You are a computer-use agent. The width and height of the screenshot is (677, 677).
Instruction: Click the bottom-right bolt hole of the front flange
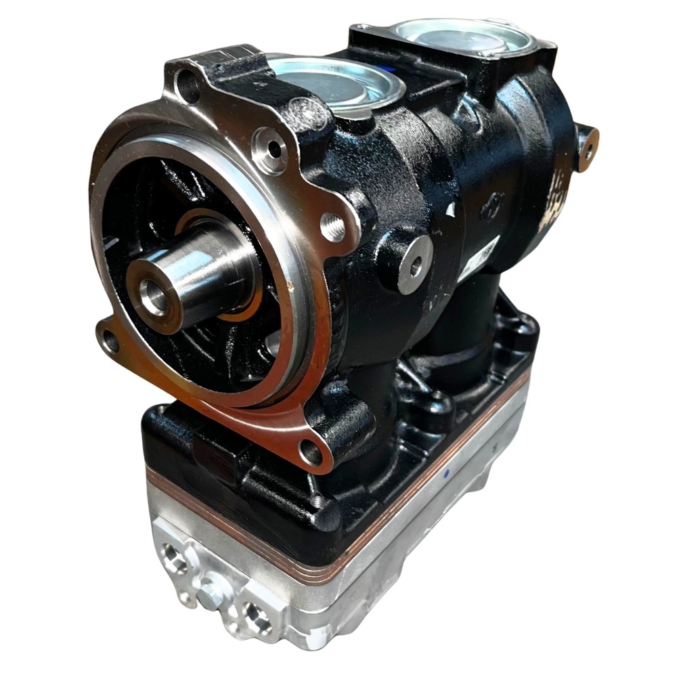311,452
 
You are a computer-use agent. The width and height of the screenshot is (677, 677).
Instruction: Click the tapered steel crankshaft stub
196,271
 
